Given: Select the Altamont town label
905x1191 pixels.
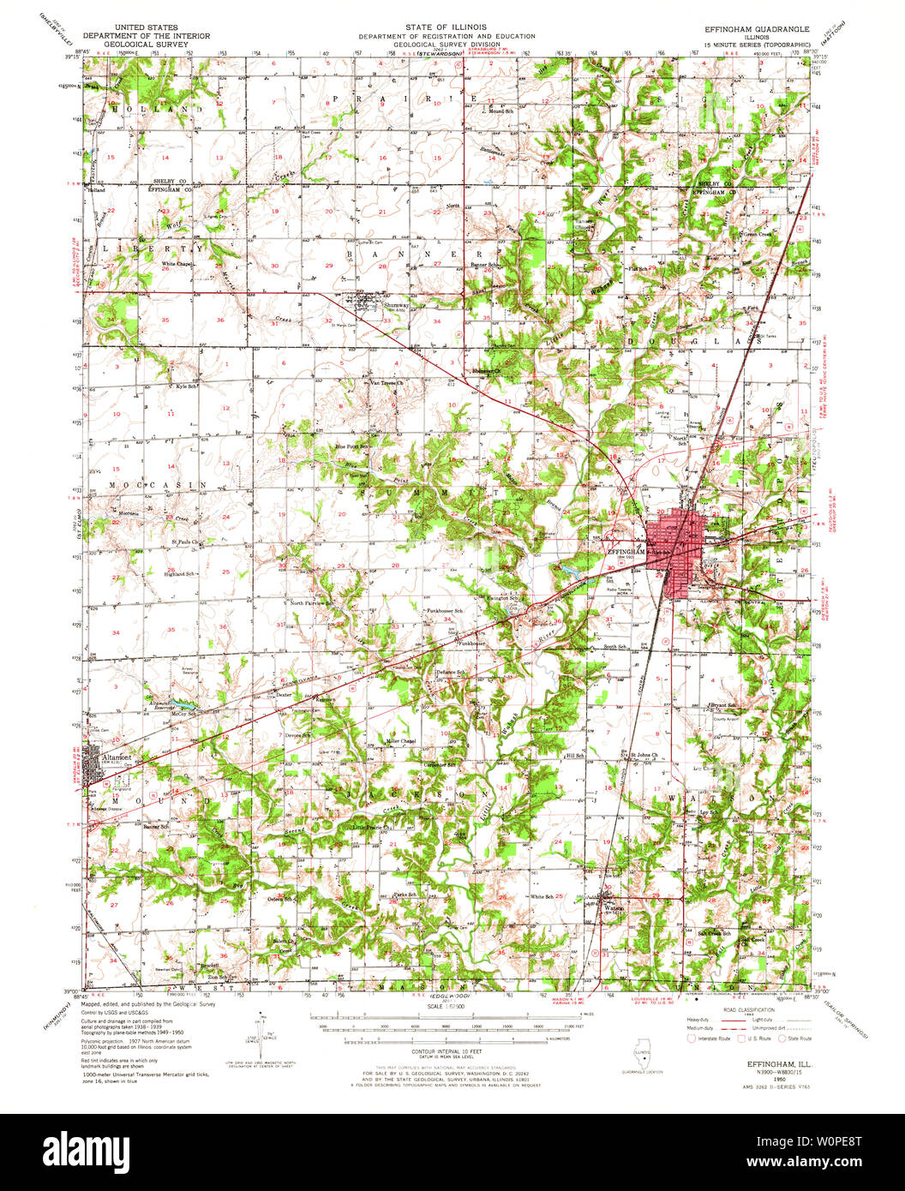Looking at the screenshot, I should (117, 758).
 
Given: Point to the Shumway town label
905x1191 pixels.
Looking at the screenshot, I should (395, 304).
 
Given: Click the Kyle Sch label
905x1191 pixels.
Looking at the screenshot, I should (185, 386).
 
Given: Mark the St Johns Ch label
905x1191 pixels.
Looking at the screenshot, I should (644, 755).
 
